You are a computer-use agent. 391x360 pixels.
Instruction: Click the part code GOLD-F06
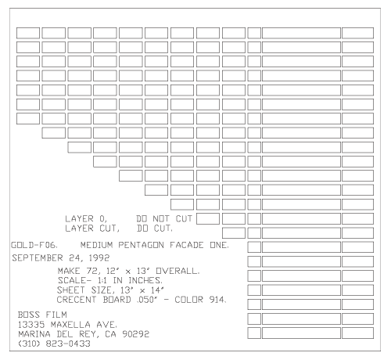click(34, 245)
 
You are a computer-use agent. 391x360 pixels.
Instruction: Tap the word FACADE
click(187, 245)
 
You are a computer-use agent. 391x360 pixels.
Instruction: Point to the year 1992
click(99, 258)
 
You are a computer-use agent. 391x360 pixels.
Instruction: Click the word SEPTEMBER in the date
click(38, 258)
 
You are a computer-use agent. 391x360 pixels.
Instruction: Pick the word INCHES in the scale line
click(145, 281)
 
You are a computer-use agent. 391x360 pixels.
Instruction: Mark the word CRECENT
click(77, 300)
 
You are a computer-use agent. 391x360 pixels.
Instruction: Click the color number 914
click(217, 300)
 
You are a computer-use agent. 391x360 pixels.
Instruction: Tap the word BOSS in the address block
click(29, 315)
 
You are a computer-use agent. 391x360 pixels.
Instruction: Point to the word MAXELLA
click(70, 325)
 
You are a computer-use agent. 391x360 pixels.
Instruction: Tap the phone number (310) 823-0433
click(54, 344)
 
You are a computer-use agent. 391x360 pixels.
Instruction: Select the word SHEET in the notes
click(71, 290)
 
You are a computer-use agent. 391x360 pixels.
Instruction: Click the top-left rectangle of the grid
click(28, 33)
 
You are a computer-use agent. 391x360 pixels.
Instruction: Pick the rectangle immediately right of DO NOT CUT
click(208, 218)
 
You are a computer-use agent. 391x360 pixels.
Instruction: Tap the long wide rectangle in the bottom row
click(301, 333)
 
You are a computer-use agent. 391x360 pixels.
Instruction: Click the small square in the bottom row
click(254, 333)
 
